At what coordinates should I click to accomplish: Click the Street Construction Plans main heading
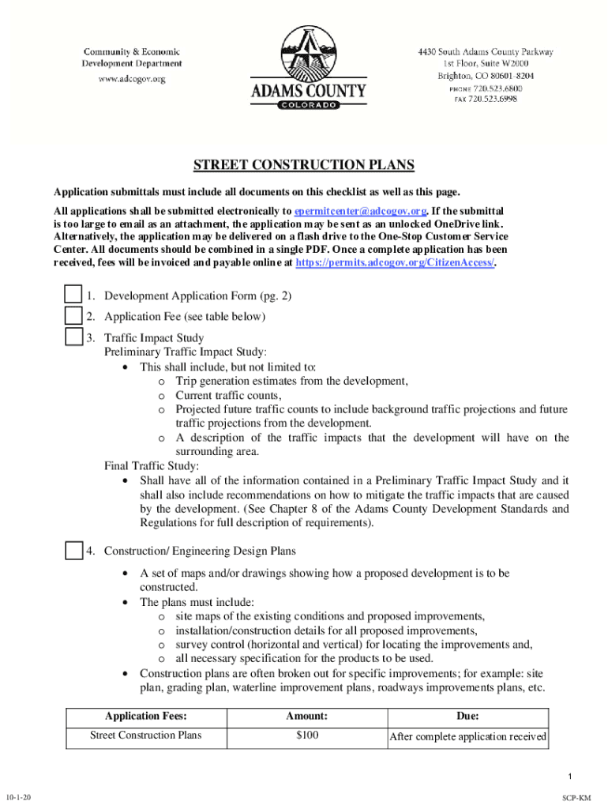coord(304,165)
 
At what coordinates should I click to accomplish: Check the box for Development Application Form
coord(73,295)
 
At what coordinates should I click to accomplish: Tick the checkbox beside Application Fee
coord(73,317)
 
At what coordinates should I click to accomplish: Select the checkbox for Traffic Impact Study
coord(73,337)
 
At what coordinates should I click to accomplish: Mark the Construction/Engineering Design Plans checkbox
coord(73,550)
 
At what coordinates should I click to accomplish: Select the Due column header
coord(467,716)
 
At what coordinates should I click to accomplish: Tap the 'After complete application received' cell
coord(468,737)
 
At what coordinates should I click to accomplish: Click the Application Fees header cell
coord(145,716)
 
